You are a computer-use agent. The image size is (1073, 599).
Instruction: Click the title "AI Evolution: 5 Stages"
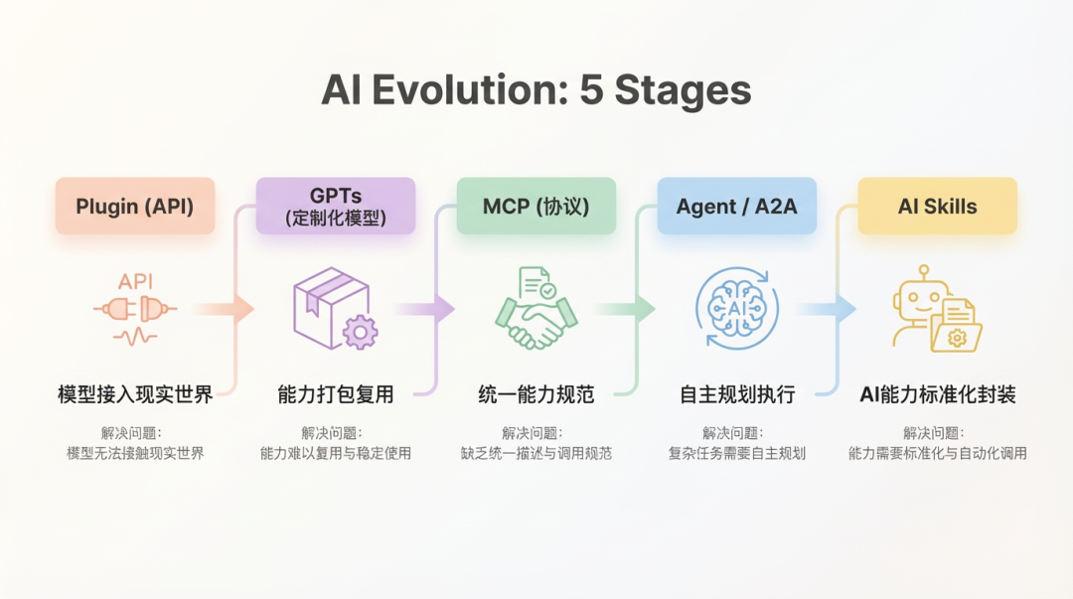[536, 90]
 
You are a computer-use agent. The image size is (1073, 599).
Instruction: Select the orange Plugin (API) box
[135, 207]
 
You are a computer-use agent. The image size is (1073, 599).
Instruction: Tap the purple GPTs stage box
[336, 206]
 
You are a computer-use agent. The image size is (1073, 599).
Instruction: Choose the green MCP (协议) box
[536, 207]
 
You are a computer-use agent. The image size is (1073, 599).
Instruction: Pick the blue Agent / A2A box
[736, 207]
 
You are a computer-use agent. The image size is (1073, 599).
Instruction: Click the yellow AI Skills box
[937, 207]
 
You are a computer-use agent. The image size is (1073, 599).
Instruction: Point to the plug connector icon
[135, 310]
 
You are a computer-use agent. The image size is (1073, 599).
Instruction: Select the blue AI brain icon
[736, 309]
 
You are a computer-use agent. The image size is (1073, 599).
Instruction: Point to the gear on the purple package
[360, 331]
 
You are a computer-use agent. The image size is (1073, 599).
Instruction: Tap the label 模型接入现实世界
[135, 394]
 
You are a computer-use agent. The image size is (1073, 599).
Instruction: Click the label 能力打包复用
[336, 394]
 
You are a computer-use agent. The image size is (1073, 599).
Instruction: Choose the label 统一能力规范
[536, 394]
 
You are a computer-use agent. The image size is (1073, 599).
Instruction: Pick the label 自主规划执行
[736, 394]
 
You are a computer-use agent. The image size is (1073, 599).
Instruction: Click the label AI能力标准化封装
[937, 394]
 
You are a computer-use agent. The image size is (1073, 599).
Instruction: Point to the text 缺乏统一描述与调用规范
[536, 454]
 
